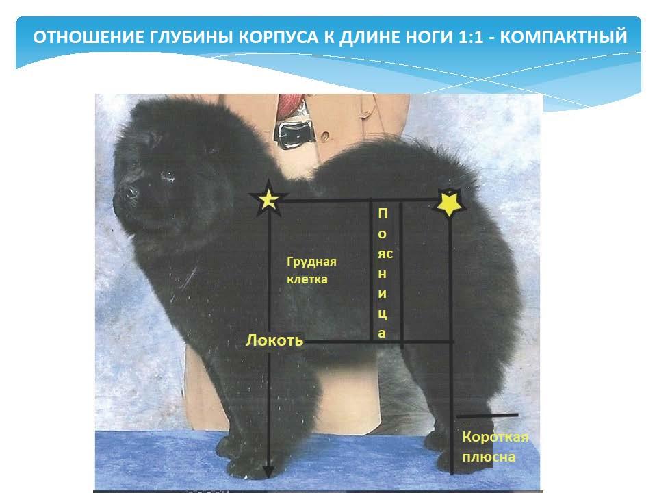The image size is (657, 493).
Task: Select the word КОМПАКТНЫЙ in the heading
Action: (563, 37)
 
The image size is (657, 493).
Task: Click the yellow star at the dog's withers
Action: (268, 199)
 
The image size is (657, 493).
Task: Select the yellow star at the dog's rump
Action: (450, 202)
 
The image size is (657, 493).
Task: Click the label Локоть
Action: (274, 340)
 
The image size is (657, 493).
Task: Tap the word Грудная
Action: (312, 262)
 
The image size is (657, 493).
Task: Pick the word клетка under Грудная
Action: (307, 279)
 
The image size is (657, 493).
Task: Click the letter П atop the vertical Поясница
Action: (383, 214)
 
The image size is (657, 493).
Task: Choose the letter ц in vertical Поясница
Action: (383, 314)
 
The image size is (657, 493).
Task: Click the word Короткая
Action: (495, 438)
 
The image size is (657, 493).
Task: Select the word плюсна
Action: (489, 457)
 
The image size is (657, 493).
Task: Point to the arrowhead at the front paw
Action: (268, 471)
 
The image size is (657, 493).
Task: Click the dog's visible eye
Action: (168, 175)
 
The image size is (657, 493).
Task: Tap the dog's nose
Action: (130, 192)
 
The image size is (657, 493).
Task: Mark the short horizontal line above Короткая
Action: (487, 416)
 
